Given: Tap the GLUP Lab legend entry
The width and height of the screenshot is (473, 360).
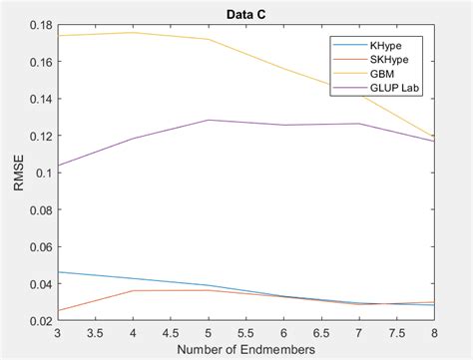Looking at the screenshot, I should (397, 86).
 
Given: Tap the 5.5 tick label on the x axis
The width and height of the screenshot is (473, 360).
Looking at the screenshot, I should (246, 332).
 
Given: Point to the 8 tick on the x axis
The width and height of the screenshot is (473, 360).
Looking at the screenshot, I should (434, 332).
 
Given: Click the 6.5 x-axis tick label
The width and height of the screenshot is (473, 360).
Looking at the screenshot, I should (321, 332).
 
